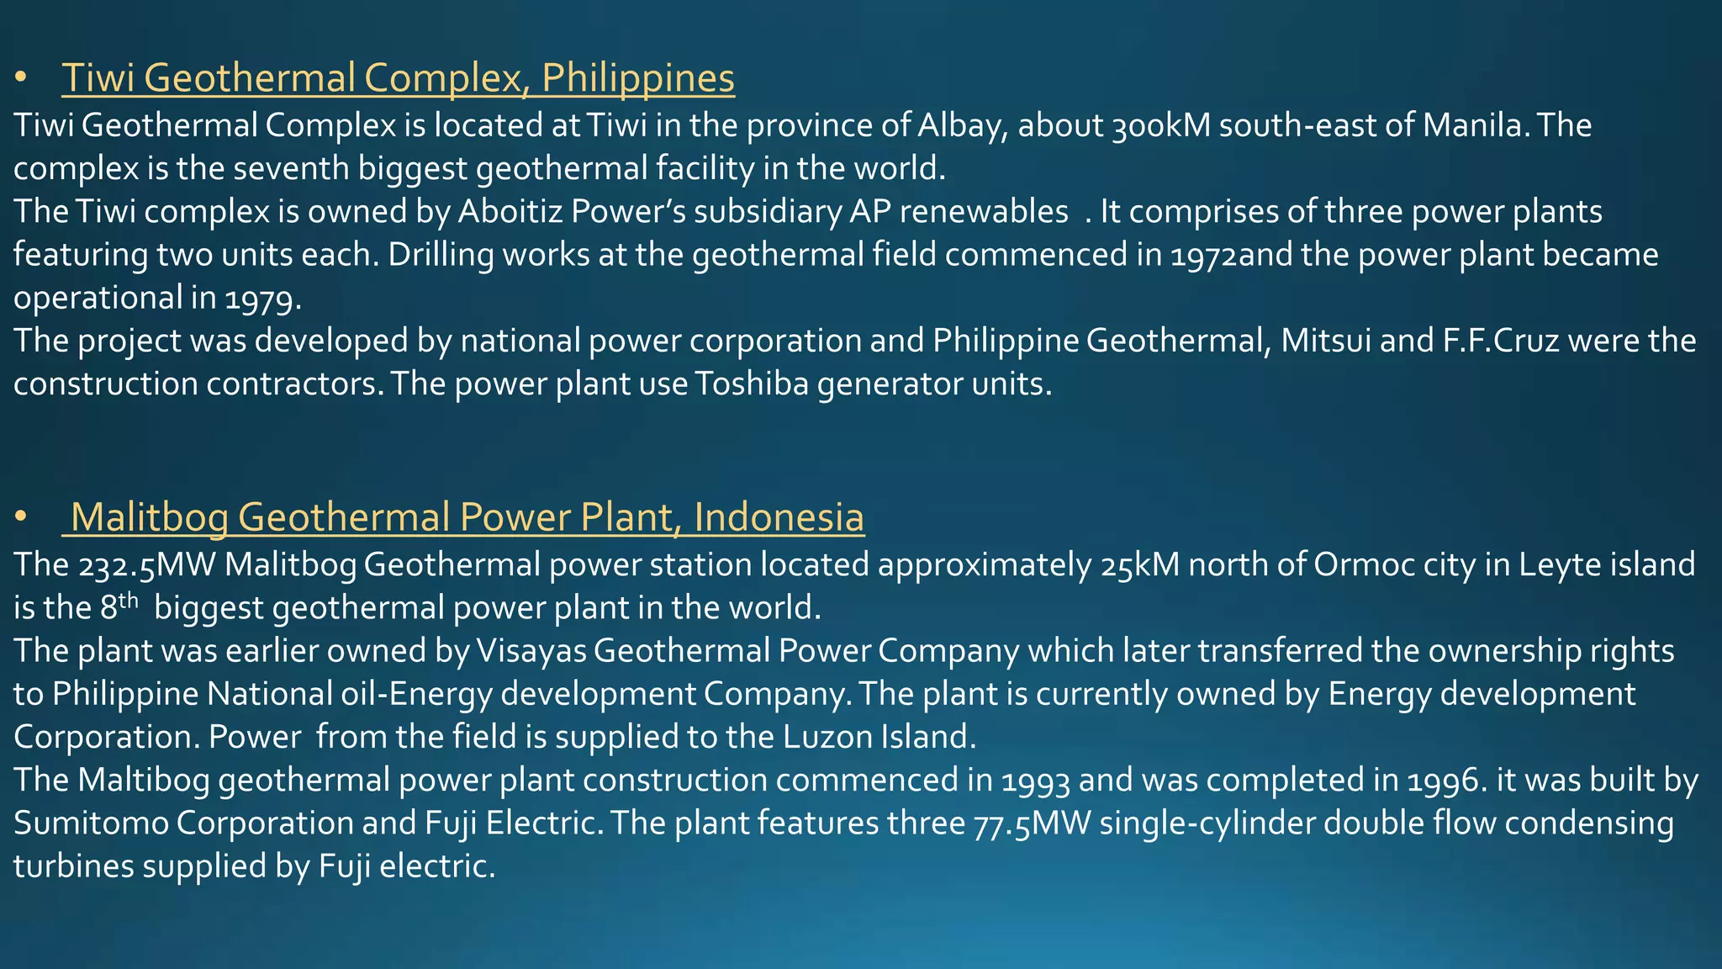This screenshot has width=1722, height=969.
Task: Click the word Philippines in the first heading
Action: pyautogui.click(x=638, y=78)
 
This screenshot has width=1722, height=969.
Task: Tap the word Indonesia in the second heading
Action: pyautogui.click(x=779, y=517)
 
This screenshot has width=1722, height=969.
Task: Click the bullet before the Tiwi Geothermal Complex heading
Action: pyautogui.click(x=21, y=78)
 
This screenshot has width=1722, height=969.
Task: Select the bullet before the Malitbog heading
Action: pyautogui.click(x=21, y=517)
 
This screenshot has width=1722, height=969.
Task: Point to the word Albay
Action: pyautogui.click(x=963, y=125)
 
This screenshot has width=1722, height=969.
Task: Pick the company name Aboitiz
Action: pyautogui.click(x=510, y=211)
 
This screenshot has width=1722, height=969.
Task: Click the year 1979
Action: pyautogui.click(x=262, y=298)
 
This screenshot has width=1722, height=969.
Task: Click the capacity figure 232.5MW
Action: pyautogui.click(x=148, y=565)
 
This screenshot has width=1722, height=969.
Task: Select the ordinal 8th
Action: pyautogui.click(x=119, y=606)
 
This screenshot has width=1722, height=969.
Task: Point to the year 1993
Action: pyautogui.click(x=1035, y=781)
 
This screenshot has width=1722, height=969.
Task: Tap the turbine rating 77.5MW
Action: pyautogui.click(x=1032, y=823)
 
